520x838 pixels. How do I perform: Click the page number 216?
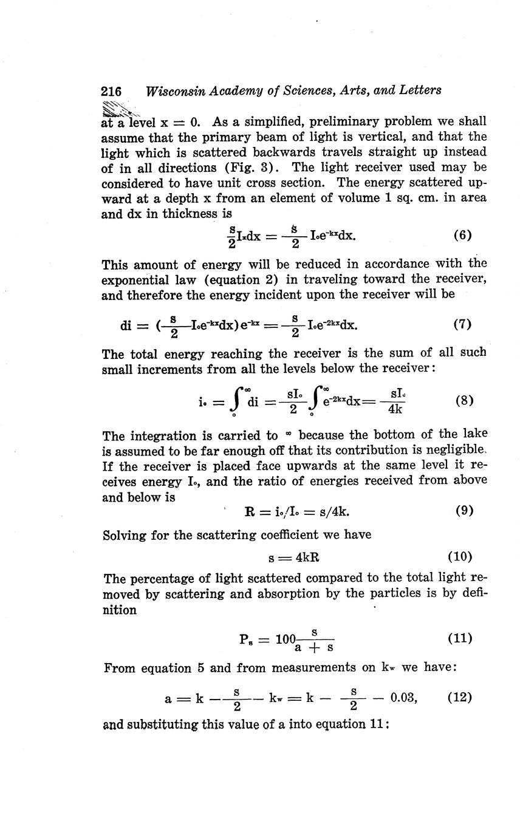(x=111, y=91)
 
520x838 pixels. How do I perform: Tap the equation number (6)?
(x=462, y=235)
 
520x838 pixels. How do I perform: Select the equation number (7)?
(x=462, y=324)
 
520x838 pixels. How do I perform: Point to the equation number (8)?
(x=464, y=401)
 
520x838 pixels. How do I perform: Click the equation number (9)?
(x=464, y=511)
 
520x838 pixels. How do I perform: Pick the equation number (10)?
(x=460, y=556)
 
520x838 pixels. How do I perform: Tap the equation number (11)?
(x=460, y=638)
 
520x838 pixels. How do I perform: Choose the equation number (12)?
(x=460, y=697)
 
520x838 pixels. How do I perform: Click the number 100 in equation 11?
(x=285, y=639)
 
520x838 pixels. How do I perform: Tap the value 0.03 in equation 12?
(x=403, y=698)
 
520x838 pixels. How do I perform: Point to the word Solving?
(x=125, y=536)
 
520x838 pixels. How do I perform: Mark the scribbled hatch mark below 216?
(x=118, y=110)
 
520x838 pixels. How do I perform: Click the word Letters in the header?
(x=419, y=90)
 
